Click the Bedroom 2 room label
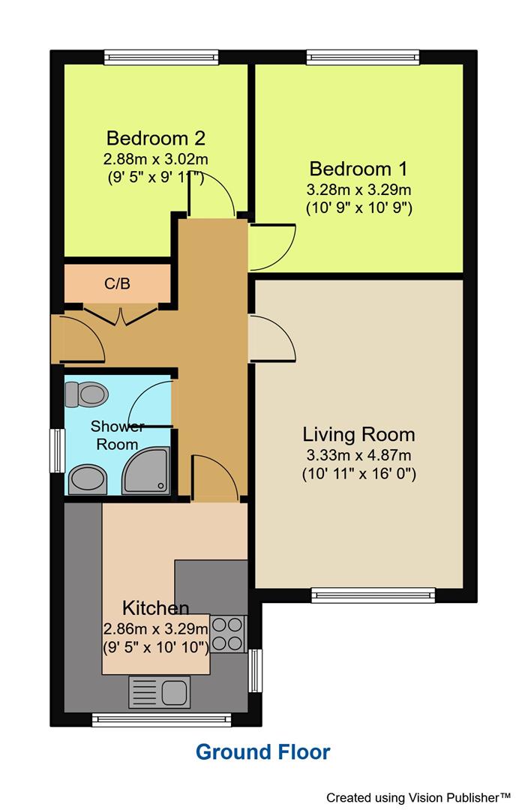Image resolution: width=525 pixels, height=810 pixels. [156, 138]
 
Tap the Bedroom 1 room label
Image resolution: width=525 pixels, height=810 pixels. [360, 168]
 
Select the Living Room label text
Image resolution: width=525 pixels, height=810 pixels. [358, 433]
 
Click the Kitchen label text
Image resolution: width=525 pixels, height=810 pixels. [156, 607]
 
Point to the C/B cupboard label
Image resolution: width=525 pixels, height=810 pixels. [117, 283]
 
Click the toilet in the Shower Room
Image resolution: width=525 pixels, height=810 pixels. [87, 393]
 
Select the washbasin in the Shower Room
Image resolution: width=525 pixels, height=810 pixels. [88, 479]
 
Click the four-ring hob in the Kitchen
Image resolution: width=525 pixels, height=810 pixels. [228, 633]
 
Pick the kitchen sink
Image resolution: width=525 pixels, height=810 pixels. [160, 691]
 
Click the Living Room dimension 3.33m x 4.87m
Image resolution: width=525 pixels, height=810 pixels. [358, 455]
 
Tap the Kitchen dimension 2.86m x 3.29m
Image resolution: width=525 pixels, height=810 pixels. [156, 628]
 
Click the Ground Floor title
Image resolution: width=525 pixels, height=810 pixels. [262, 751]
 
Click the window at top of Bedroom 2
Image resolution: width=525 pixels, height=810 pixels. [160, 57]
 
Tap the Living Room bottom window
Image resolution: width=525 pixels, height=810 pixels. [373, 595]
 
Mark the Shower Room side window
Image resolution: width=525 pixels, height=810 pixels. [56, 450]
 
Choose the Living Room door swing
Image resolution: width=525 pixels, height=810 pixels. [270, 337]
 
